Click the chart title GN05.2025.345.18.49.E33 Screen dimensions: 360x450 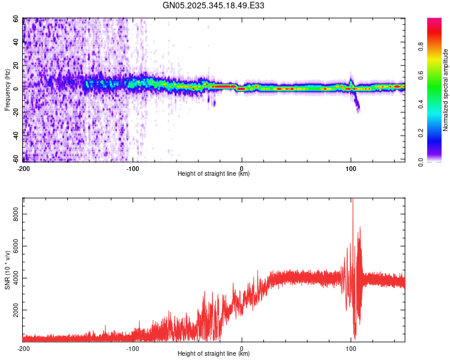pos(214,5)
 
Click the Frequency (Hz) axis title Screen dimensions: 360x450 pos(7,89)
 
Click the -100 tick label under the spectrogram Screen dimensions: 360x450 pos(133,168)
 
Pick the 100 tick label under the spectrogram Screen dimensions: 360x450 pos(351,168)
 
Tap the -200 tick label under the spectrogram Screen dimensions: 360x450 pos(23,168)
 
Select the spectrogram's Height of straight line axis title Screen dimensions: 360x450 pos(214,174)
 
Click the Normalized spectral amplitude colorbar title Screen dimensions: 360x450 pos(446,90)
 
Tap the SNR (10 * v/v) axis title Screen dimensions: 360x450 pos(7,270)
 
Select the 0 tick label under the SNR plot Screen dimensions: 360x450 pos(242,348)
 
